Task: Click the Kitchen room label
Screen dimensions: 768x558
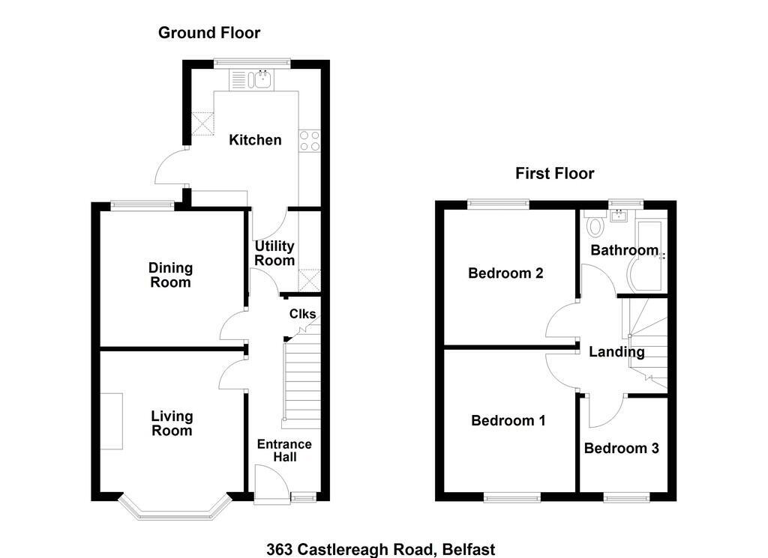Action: click(255, 140)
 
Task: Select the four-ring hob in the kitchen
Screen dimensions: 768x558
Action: click(310, 140)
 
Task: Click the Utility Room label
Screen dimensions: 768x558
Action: click(274, 253)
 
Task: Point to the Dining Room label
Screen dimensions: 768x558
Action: click(170, 275)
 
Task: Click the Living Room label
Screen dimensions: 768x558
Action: click(172, 423)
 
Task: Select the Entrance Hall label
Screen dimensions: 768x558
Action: click(284, 450)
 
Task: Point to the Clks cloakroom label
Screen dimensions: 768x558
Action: click(303, 314)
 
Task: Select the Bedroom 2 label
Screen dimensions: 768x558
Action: click(505, 273)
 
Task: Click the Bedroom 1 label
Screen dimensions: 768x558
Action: click(508, 421)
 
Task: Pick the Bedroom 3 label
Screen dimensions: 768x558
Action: click(621, 448)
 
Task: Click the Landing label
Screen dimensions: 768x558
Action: click(616, 351)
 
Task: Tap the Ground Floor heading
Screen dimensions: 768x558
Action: click(209, 33)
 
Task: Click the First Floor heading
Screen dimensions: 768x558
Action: click(554, 173)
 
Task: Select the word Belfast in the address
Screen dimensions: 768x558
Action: click(468, 550)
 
